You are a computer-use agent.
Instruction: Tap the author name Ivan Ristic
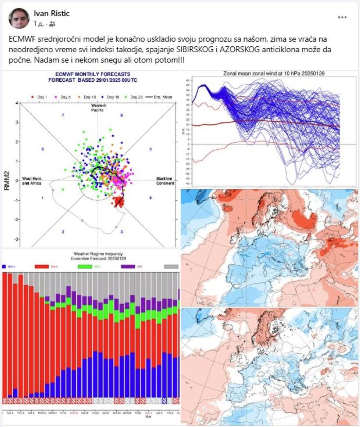(x=51, y=14)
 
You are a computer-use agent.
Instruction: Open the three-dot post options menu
(x=342, y=17)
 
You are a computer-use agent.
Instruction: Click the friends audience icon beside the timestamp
(x=53, y=24)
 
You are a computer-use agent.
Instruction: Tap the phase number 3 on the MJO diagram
(x=122, y=232)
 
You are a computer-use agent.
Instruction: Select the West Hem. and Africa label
(x=32, y=181)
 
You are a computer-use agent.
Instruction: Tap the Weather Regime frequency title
(x=91, y=254)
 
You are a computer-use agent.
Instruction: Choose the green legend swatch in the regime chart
(x=85, y=267)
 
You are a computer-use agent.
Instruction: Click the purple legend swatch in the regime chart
(x=129, y=267)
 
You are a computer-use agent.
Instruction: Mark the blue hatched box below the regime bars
(x=164, y=401)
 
